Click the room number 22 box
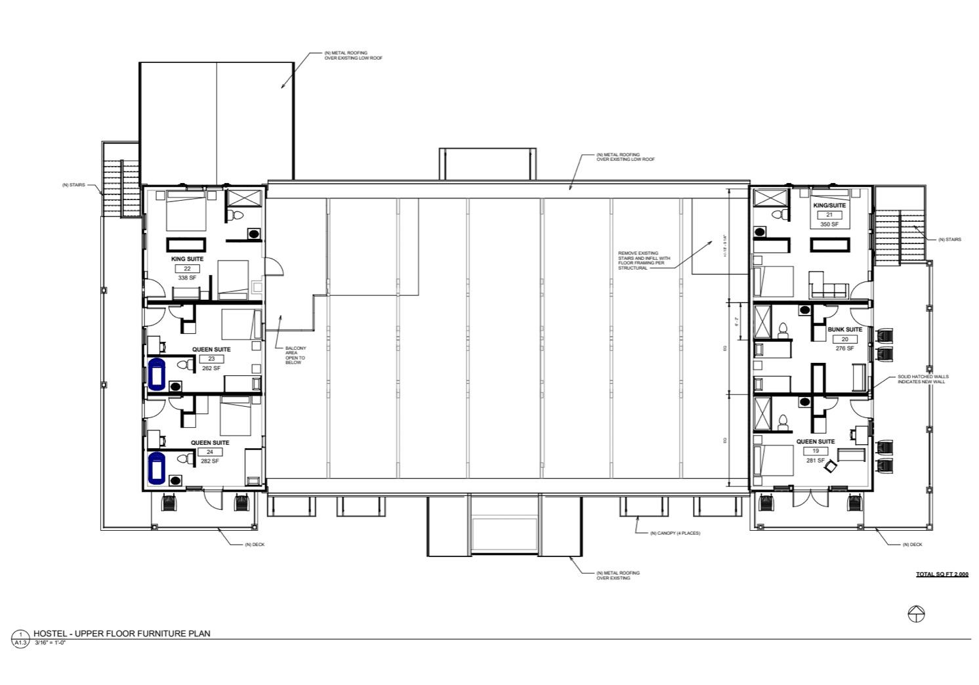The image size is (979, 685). pyautogui.click(x=187, y=268)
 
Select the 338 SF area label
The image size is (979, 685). pyautogui.click(x=187, y=278)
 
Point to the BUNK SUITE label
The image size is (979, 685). pyautogui.click(x=844, y=329)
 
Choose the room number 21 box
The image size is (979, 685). pyautogui.click(x=829, y=215)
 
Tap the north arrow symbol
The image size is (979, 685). pyautogui.click(x=916, y=614)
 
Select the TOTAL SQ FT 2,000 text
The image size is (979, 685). pyautogui.click(x=942, y=574)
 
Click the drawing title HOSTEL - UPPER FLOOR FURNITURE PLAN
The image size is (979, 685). pyautogui.click(x=122, y=633)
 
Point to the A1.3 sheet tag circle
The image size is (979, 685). pyautogui.click(x=20, y=638)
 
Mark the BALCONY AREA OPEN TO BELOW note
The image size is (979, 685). pyautogui.click(x=295, y=355)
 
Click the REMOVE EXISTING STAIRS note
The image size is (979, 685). pyautogui.click(x=644, y=260)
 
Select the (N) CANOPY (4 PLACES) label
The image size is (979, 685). pyautogui.click(x=675, y=533)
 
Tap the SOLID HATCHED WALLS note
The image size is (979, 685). pyautogui.click(x=923, y=379)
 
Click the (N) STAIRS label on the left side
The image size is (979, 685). pyautogui.click(x=73, y=185)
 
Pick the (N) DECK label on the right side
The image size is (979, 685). pyautogui.click(x=913, y=545)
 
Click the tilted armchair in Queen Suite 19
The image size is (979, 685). pyautogui.click(x=831, y=466)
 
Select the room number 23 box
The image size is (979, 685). pyautogui.click(x=211, y=359)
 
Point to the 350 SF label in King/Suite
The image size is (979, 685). pyautogui.click(x=829, y=224)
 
